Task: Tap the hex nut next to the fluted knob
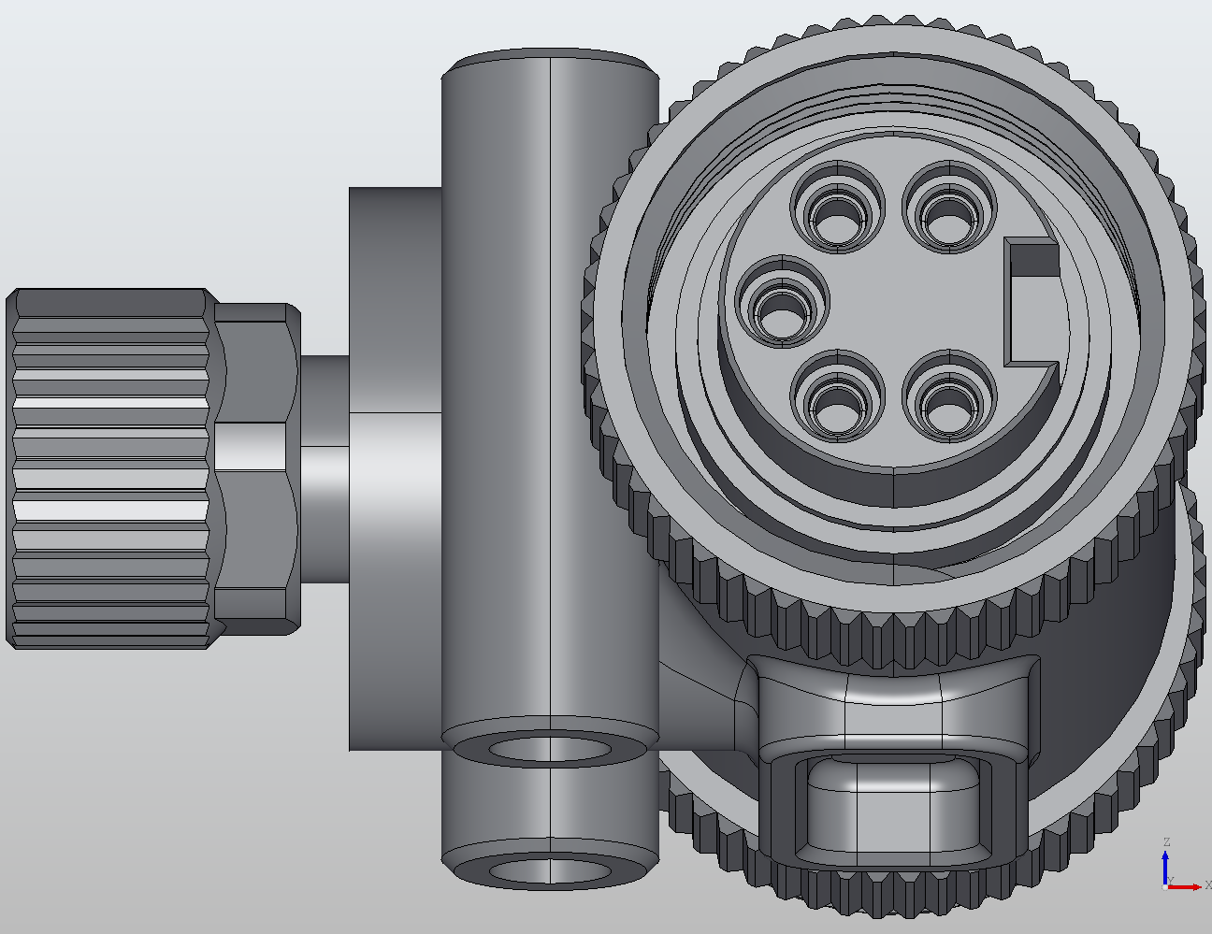pyautogui.click(x=254, y=467)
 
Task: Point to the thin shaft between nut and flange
pyautogui.click(x=324, y=467)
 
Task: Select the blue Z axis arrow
pyautogui.click(x=1165, y=865)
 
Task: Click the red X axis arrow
pyautogui.click(x=1188, y=886)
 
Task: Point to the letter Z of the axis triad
pyautogui.click(x=1166, y=842)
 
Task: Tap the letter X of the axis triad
pyautogui.click(x=1207, y=885)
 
